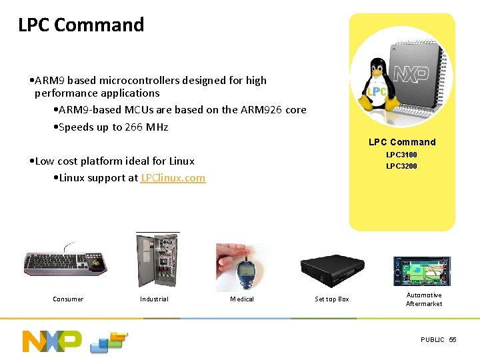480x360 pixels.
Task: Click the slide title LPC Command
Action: click(81, 25)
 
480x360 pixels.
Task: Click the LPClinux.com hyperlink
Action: click(173, 178)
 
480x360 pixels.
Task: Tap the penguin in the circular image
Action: click(377, 87)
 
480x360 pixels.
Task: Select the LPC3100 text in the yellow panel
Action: click(401, 155)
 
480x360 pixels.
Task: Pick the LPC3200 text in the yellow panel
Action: click(401, 166)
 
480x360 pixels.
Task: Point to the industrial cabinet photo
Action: click(157, 261)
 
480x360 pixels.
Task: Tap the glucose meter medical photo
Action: click(243, 266)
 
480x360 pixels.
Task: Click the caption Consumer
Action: click(68, 299)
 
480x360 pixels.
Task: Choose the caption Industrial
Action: click(154, 299)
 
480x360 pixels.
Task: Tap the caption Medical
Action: click(242, 299)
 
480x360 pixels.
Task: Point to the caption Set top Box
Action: click(332, 299)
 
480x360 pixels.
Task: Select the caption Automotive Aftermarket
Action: click(424, 299)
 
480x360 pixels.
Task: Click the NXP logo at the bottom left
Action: click(52, 340)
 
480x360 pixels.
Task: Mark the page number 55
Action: click(453, 340)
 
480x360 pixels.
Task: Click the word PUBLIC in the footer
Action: click(432, 340)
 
